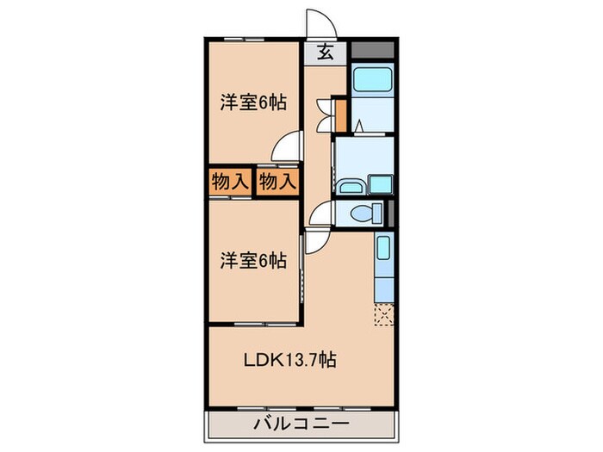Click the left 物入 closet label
(229, 182)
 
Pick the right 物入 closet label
(277, 182)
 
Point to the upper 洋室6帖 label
(252, 102)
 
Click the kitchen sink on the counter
(384, 251)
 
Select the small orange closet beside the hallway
(341, 113)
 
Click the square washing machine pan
(379, 183)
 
